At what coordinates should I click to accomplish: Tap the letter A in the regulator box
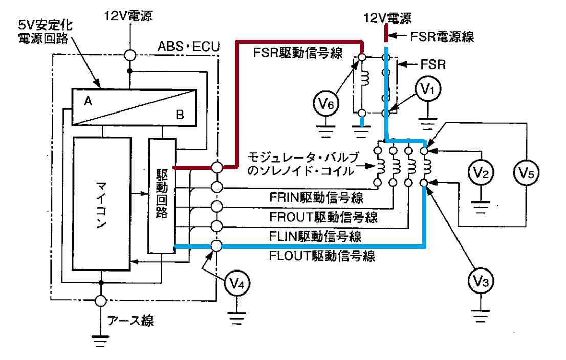tap(88, 101)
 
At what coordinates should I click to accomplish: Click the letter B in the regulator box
tap(180, 115)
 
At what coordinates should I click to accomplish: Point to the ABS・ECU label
tap(188, 47)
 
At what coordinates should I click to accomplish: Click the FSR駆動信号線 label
tap(298, 53)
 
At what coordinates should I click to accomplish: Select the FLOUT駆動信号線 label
tap(322, 256)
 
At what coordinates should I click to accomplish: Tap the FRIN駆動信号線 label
tap(316, 197)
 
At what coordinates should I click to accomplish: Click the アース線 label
tap(130, 320)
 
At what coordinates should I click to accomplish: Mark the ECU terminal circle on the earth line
tap(101, 301)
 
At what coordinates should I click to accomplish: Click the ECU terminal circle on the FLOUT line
tap(216, 246)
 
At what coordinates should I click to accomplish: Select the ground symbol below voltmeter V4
tap(237, 318)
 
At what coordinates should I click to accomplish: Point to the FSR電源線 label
tap(442, 37)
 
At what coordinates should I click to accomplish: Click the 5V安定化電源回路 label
tap(45, 32)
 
